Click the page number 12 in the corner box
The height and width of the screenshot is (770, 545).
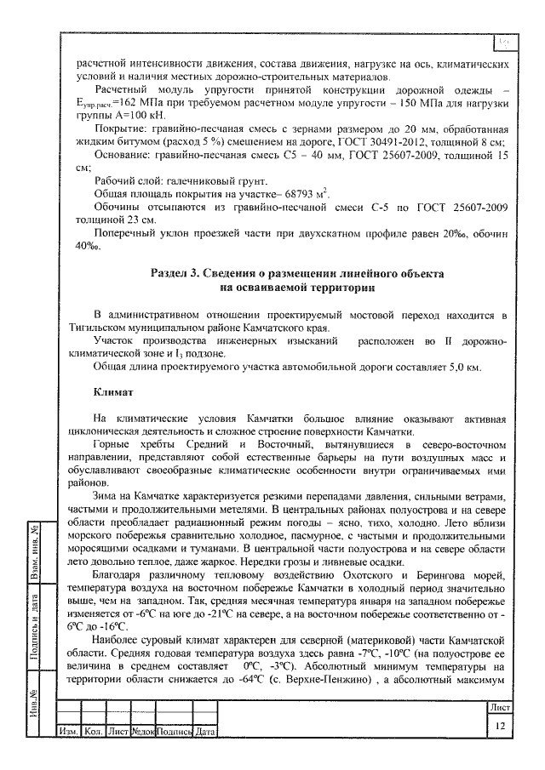[500, 724]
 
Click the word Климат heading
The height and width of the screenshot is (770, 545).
[114, 392]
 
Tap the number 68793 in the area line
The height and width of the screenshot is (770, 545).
[251, 194]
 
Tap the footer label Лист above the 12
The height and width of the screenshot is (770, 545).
[500, 707]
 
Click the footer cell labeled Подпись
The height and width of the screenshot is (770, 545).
[175, 733]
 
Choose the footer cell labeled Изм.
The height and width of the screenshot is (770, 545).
[67, 733]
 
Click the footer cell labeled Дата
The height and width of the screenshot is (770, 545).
[205, 733]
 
